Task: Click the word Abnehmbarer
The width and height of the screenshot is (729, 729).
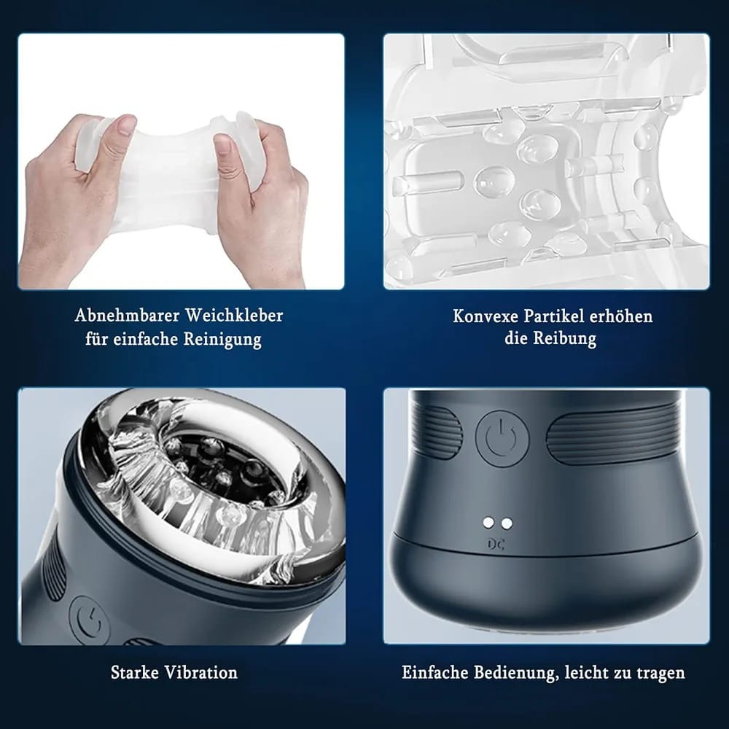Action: pyautogui.click(x=127, y=315)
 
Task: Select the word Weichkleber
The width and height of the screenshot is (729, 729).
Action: pyautogui.click(x=234, y=315)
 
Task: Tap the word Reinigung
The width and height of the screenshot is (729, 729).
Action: pyautogui.click(x=222, y=339)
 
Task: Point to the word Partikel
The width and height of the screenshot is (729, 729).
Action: pyautogui.click(x=554, y=316)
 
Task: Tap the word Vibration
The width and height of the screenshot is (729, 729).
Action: pyautogui.click(x=201, y=672)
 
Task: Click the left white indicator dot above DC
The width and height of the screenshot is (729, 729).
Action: pyautogui.click(x=488, y=523)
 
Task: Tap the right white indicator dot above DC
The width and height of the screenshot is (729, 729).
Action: pyautogui.click(x=507, y=523)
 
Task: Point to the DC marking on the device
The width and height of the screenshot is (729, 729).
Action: pyautogui.click(x=496, y=544)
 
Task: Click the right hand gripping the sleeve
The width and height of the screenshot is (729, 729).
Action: pyautogui.click(x=260, y=195)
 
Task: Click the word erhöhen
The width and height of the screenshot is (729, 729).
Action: pyautogui.click(x=621, y=316)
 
